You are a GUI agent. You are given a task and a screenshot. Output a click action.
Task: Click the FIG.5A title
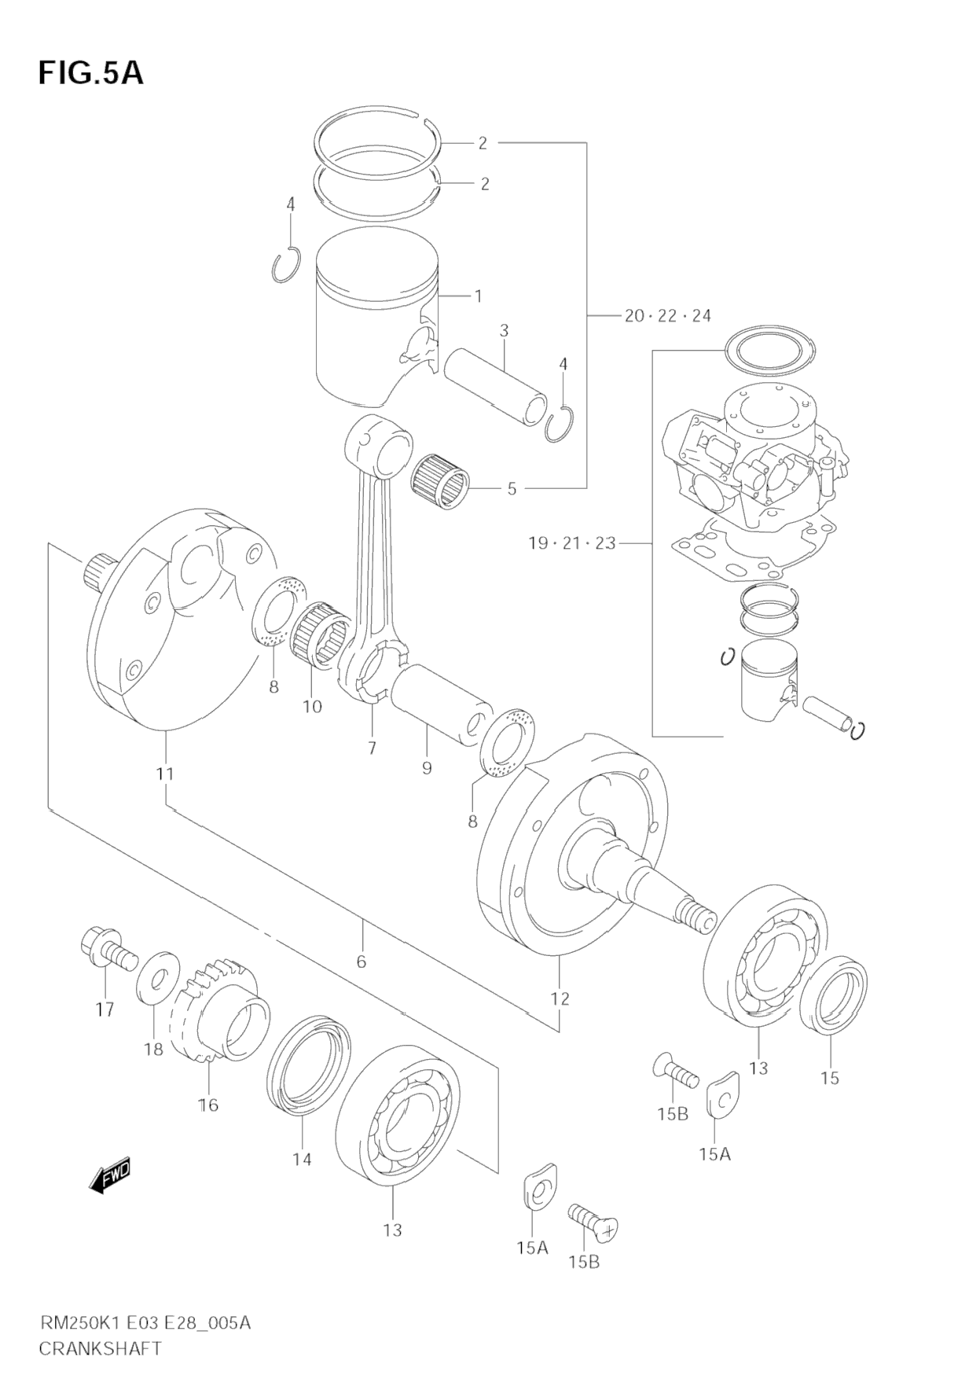click(90, 72)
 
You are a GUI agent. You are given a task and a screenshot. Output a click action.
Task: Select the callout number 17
click(105, 1010)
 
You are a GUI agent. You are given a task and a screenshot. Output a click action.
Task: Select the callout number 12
click(560, 998)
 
